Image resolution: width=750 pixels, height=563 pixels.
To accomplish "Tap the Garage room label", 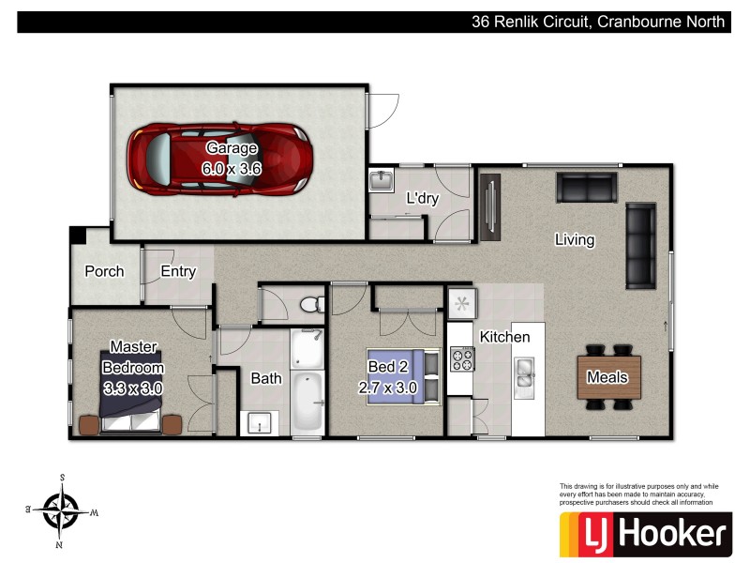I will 232,148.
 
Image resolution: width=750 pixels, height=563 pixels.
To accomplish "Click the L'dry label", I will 422,199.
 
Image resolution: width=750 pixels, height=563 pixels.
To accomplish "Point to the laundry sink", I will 381,180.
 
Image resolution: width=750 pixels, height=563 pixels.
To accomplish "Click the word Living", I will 575,240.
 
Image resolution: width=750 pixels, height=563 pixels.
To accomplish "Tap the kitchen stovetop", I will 462,359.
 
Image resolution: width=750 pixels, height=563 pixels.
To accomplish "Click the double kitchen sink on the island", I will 523,372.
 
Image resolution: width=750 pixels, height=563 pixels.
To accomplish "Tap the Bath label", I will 266,379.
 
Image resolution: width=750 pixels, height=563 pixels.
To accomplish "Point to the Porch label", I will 104,272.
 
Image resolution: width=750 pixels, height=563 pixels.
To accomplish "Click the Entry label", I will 178,272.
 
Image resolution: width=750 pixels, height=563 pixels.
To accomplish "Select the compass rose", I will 62,510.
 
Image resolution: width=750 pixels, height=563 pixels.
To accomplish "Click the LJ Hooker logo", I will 644,534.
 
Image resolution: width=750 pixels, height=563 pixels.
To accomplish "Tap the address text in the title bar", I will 598,22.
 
